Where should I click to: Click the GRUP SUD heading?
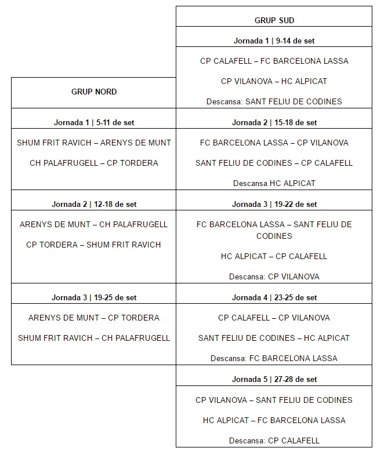click(274, 20)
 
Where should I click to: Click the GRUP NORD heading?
click(94, 92)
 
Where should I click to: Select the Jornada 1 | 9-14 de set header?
click(274, 41)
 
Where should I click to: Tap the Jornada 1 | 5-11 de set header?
click(94, 122)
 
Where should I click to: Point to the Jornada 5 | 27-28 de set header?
click(274, 380)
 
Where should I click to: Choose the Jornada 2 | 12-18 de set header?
click(94, 204)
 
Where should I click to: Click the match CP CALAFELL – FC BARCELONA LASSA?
click(274, 61)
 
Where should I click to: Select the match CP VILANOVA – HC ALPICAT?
click(274, 81)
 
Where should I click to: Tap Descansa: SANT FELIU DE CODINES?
click(274, 101)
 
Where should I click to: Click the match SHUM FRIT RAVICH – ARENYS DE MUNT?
click(94, 143)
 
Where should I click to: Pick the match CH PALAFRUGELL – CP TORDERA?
click(94, 163)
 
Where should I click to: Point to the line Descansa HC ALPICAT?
click(274, 183)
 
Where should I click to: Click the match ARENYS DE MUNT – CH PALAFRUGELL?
click(94, 224)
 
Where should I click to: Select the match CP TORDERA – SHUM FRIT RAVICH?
click(94, 245)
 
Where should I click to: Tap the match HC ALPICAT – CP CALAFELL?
click(274, 256)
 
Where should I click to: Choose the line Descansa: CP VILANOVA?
click(274, 276)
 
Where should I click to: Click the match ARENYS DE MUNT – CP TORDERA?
click(94, 318)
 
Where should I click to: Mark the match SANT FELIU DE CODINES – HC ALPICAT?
click(274, 338)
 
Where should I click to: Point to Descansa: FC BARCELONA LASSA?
click(274, 358)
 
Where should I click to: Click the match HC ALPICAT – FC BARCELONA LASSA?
click(274, 420)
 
